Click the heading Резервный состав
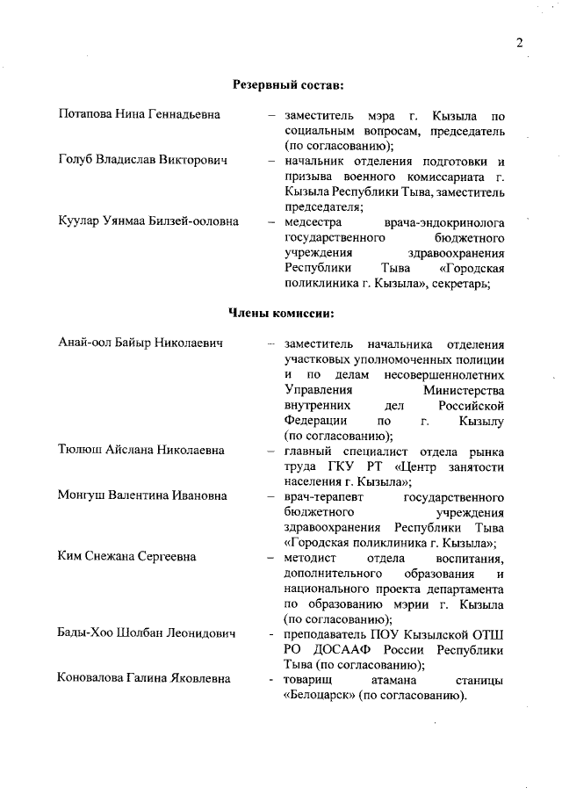[x=287, y=85]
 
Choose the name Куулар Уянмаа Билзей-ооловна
[x=148, y=222]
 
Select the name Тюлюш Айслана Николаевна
[x=140, y=451]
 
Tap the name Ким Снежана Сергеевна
[x=127, y=557]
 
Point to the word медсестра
[x=312, y=222]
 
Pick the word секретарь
[x=471, y=283]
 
